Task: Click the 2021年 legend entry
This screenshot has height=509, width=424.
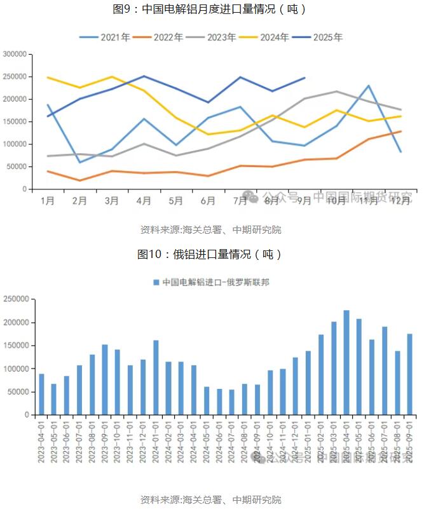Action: pyautogui.click(x=105, y=37)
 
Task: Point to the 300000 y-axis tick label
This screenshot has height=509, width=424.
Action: pyautogui.click(x=15, y=55)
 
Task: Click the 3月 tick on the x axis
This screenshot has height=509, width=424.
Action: pyautogui.click(x=111, y=201)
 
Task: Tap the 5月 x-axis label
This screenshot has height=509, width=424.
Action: pyautogui.click(x=176, y=201)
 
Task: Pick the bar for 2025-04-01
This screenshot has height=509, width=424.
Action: pyautogui.click(x=346, y=362)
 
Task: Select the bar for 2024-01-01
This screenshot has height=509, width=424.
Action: pyautogui.click(x=156, y=377)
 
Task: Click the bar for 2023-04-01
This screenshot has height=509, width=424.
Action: pyautogui.click(x=41, y=394)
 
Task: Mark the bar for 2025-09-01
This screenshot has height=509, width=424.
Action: pyautogui.click(x=410, y=374)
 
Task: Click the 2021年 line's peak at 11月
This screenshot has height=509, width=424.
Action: pyautogui.click(x=369, y=86)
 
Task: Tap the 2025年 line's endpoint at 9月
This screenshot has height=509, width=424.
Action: pyautogui.click(x=304, y=78)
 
